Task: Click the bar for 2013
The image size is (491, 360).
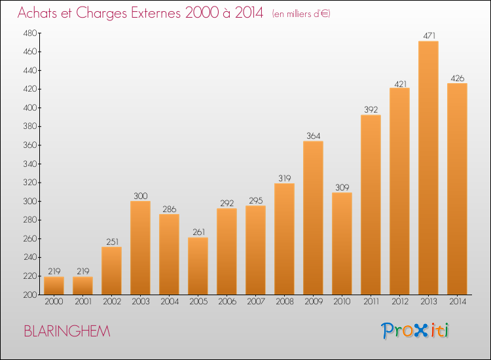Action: click(x=428, y=168)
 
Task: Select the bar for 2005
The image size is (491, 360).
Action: click(x=198, y=266)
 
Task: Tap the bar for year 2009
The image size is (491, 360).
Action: click(x=313, y=218)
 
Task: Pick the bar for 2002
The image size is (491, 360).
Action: click(x=111, y=271)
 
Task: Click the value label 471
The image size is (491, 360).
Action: click(x=429, y=36)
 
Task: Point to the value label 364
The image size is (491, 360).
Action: click(x=314, y=136)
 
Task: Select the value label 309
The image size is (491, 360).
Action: click(x=342, y=187)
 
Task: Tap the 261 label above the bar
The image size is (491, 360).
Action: click(x=198, y=232)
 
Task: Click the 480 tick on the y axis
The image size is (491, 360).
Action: click(x=30, y=33)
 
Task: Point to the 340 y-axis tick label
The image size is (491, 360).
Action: click(x=30, y=164)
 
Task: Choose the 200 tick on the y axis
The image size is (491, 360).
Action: click(x=30, y=295)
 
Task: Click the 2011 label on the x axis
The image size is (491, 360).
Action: click(x=371, y=302)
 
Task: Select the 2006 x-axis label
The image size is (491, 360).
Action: click(x=227, y=302)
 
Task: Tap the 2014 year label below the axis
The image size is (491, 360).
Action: click(x=458, y=302)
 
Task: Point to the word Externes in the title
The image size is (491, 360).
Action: click(x=156, y=12)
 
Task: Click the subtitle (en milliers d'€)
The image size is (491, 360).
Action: click(x=301, y=14)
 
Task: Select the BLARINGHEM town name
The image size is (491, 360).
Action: click(x=67, y=331)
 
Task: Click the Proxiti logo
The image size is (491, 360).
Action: click(x=415, y=331)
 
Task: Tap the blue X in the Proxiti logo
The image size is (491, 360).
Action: click(x=422, y=331)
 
